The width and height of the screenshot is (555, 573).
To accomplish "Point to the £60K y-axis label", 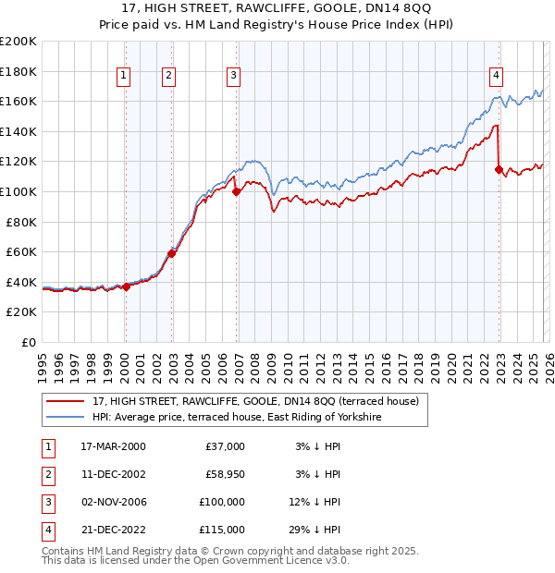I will [21, 251].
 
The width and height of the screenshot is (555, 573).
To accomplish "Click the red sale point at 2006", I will [236, 192].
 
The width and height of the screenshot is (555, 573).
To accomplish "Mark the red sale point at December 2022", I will [499, 169].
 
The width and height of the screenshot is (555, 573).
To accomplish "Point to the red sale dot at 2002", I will [172, 252].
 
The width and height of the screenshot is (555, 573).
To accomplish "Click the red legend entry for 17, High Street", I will [255, 401].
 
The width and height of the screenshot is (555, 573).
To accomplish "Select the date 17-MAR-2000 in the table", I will [113, 446].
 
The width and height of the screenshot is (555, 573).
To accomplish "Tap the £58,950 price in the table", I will [222, 474].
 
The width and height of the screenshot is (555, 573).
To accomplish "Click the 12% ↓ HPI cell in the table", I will [314, 502].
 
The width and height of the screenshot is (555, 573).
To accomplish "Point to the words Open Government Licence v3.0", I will [269, 560].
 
